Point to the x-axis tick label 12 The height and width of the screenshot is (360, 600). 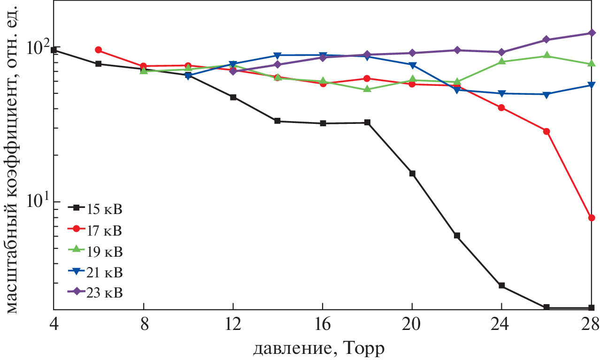(x=233, y=324)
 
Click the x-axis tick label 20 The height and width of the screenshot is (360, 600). (x=412, y=324)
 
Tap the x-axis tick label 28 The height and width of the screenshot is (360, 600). (x=590, y=324)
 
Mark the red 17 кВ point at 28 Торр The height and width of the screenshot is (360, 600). (x=592, y=218)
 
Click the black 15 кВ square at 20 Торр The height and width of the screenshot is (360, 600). (x=412, y=174)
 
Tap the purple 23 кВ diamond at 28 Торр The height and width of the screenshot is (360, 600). (x=592, y=33)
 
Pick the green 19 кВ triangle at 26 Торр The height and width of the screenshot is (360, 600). (x=546, y=56)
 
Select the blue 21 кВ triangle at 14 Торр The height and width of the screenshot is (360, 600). (x=277, y=55)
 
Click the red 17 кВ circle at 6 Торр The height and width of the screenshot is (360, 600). (x=98, y=50)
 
